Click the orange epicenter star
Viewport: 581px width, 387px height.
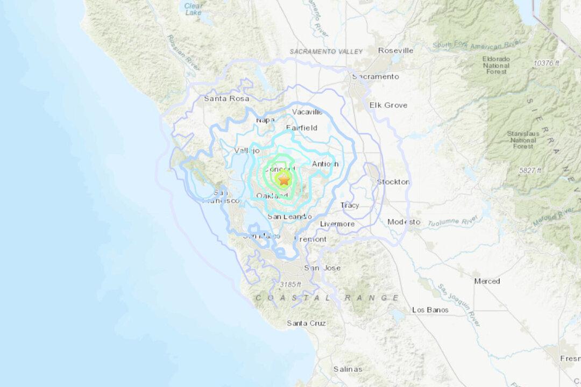coord(284,180)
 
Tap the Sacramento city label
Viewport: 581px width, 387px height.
coord(375,77)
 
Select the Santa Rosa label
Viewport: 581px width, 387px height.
coord(223,98)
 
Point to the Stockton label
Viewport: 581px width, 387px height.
coord(393,182)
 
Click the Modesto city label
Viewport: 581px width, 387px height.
coord(404,221)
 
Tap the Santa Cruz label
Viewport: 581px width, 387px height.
coord(306,323)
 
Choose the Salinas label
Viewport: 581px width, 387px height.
coord(348,369)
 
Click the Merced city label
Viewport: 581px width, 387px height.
coord(487,281)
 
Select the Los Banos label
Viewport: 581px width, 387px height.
coord(430,310)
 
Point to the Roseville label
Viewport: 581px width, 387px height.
coord(395,51)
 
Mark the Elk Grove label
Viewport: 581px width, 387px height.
coord(388,105)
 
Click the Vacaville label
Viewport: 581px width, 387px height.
coord(307,112)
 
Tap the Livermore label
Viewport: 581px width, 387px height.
coord(337,224)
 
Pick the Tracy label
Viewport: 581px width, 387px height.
coord(350,205)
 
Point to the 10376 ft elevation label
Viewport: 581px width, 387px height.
coord(547,63)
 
